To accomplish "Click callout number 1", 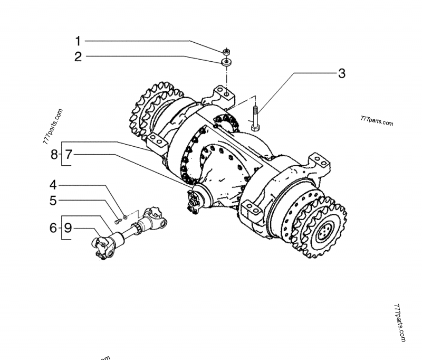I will coord(78,41).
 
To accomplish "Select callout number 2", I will coord(78,56).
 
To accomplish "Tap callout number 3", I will coord(341,73).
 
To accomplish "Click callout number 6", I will coord(53,228).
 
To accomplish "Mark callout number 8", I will coord(53,155).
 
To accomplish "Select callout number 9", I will coord(68,228).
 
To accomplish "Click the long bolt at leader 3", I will coord(255,119).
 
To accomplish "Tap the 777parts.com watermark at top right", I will coord(376,121).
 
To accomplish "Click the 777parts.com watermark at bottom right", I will coord(399,323).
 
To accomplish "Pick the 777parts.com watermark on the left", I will coord(52,128).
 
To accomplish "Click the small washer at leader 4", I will coord(124,215).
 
